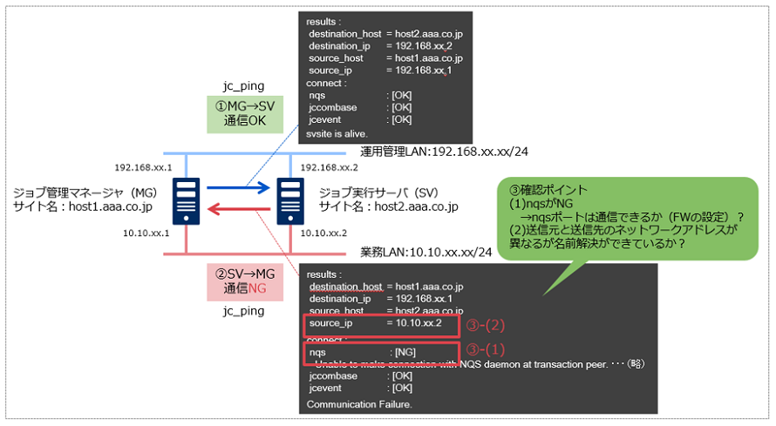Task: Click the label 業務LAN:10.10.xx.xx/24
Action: [425, 253]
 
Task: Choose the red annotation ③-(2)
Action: [487, 326]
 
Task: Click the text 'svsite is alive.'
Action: [337, 134]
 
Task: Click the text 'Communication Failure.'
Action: [358, 405]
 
